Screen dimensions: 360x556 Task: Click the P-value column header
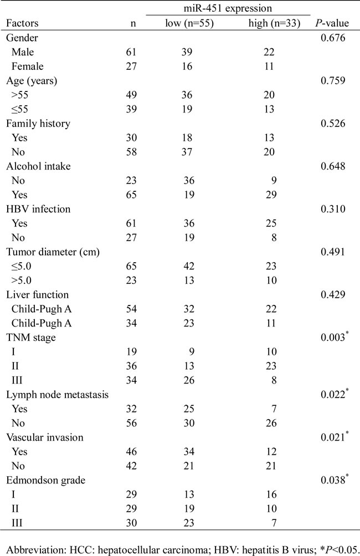pyautogui.click(x=332, y=23)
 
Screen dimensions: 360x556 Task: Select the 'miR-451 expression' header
pyautogui.click(x=228, y=8)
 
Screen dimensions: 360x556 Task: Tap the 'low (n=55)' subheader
pyautogui.click(x=189, y=23)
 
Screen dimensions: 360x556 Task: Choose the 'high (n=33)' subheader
pyautogui.click(x=274, y=23)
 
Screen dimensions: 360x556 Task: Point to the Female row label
pyautogui.click(x=27, y=67)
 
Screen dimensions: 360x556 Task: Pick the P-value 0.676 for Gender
pyautogui.click(x=333, y=38)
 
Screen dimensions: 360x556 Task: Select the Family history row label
pyautogui.click(x=38, y=124)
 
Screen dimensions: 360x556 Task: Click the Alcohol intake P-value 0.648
pyautogui.click(x=333, y=166)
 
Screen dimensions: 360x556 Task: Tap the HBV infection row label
pyautogui.click(x=38, y=209)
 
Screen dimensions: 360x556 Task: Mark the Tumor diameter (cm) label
pyautogui.click(x=53, y=252)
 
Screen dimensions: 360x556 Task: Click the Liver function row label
pyautogui.click(x=37, y=295)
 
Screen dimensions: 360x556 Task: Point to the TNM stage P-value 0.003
pyautogui.click(x=333, y=337)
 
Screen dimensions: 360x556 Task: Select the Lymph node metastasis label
pyautogui.click(x=58, y=395)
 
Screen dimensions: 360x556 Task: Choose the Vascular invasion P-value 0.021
pyautogui.click(x=333, y=437)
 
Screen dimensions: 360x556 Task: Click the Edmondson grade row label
pyautogui.click(x=46, y=480)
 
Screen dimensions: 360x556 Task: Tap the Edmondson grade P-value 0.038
pyautogui.click(x=333, y=480)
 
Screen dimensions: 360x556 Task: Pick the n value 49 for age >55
pyautogui.click(x=131, y=95)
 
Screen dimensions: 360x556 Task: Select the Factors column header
pyautogui.click(x=22, y=23)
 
